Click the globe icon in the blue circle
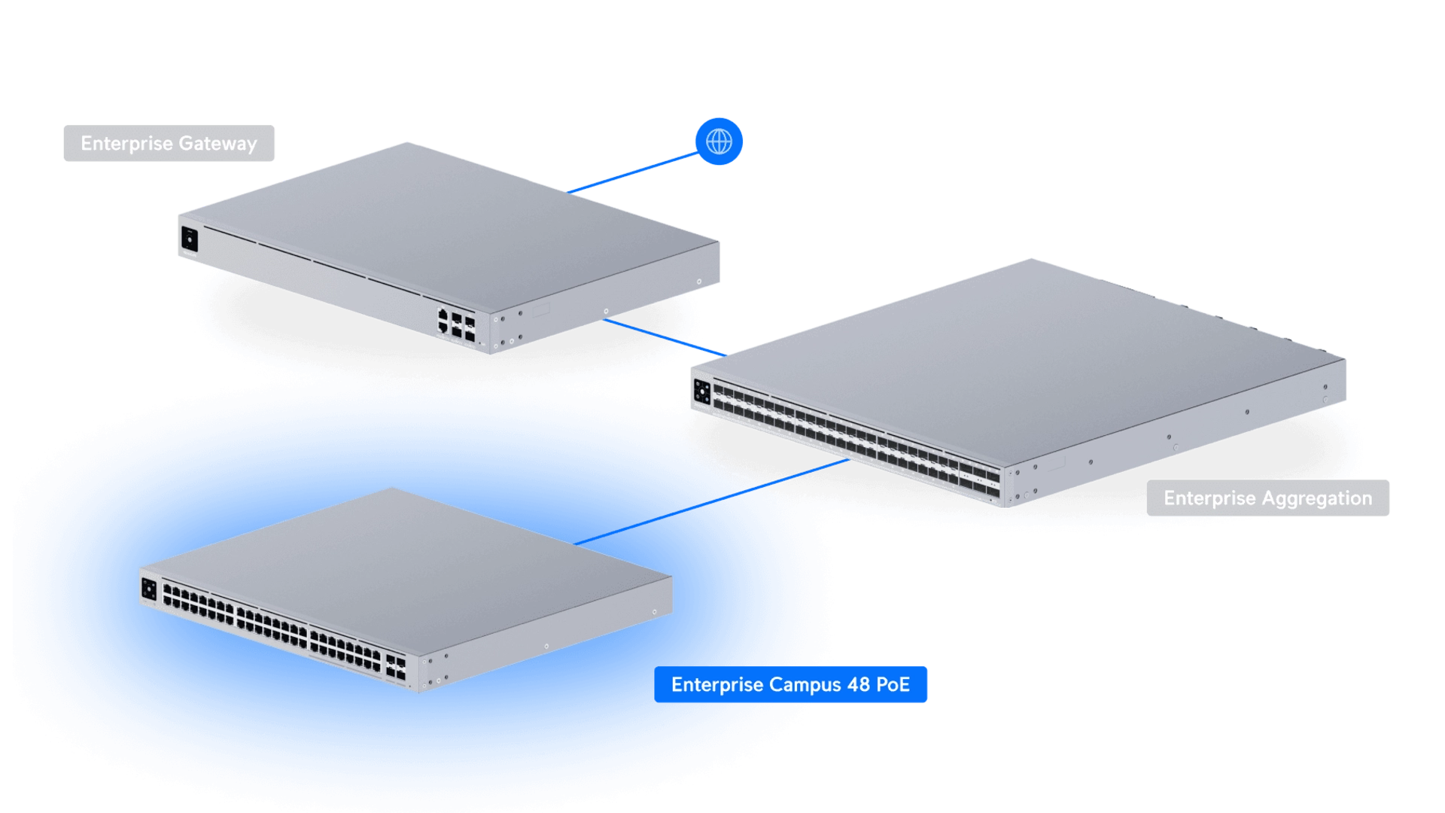click(719, 141)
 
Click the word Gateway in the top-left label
click(218, 143)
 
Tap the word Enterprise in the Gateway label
click(126, 143)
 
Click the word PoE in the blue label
click(893, 685)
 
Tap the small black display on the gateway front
click(189, 239)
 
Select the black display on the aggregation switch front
click(702, 391)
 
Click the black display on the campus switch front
click(149, 589)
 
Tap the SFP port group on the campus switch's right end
click(396, 670)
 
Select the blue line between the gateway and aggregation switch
click(662, 336)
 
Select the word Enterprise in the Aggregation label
click(1209, 498)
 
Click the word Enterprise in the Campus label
click(715, 685)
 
